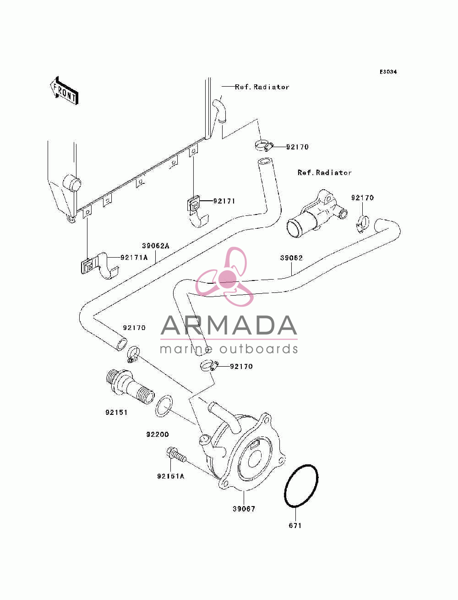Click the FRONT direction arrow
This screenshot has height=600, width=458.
65,90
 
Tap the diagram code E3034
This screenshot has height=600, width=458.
388,72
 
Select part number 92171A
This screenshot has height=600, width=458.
134,258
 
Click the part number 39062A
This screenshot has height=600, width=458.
155,246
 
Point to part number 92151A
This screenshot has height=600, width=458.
170,476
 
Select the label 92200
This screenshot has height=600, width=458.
158,435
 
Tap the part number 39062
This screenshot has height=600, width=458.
291,258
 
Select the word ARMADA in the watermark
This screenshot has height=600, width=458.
229,325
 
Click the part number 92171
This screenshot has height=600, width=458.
224,201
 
